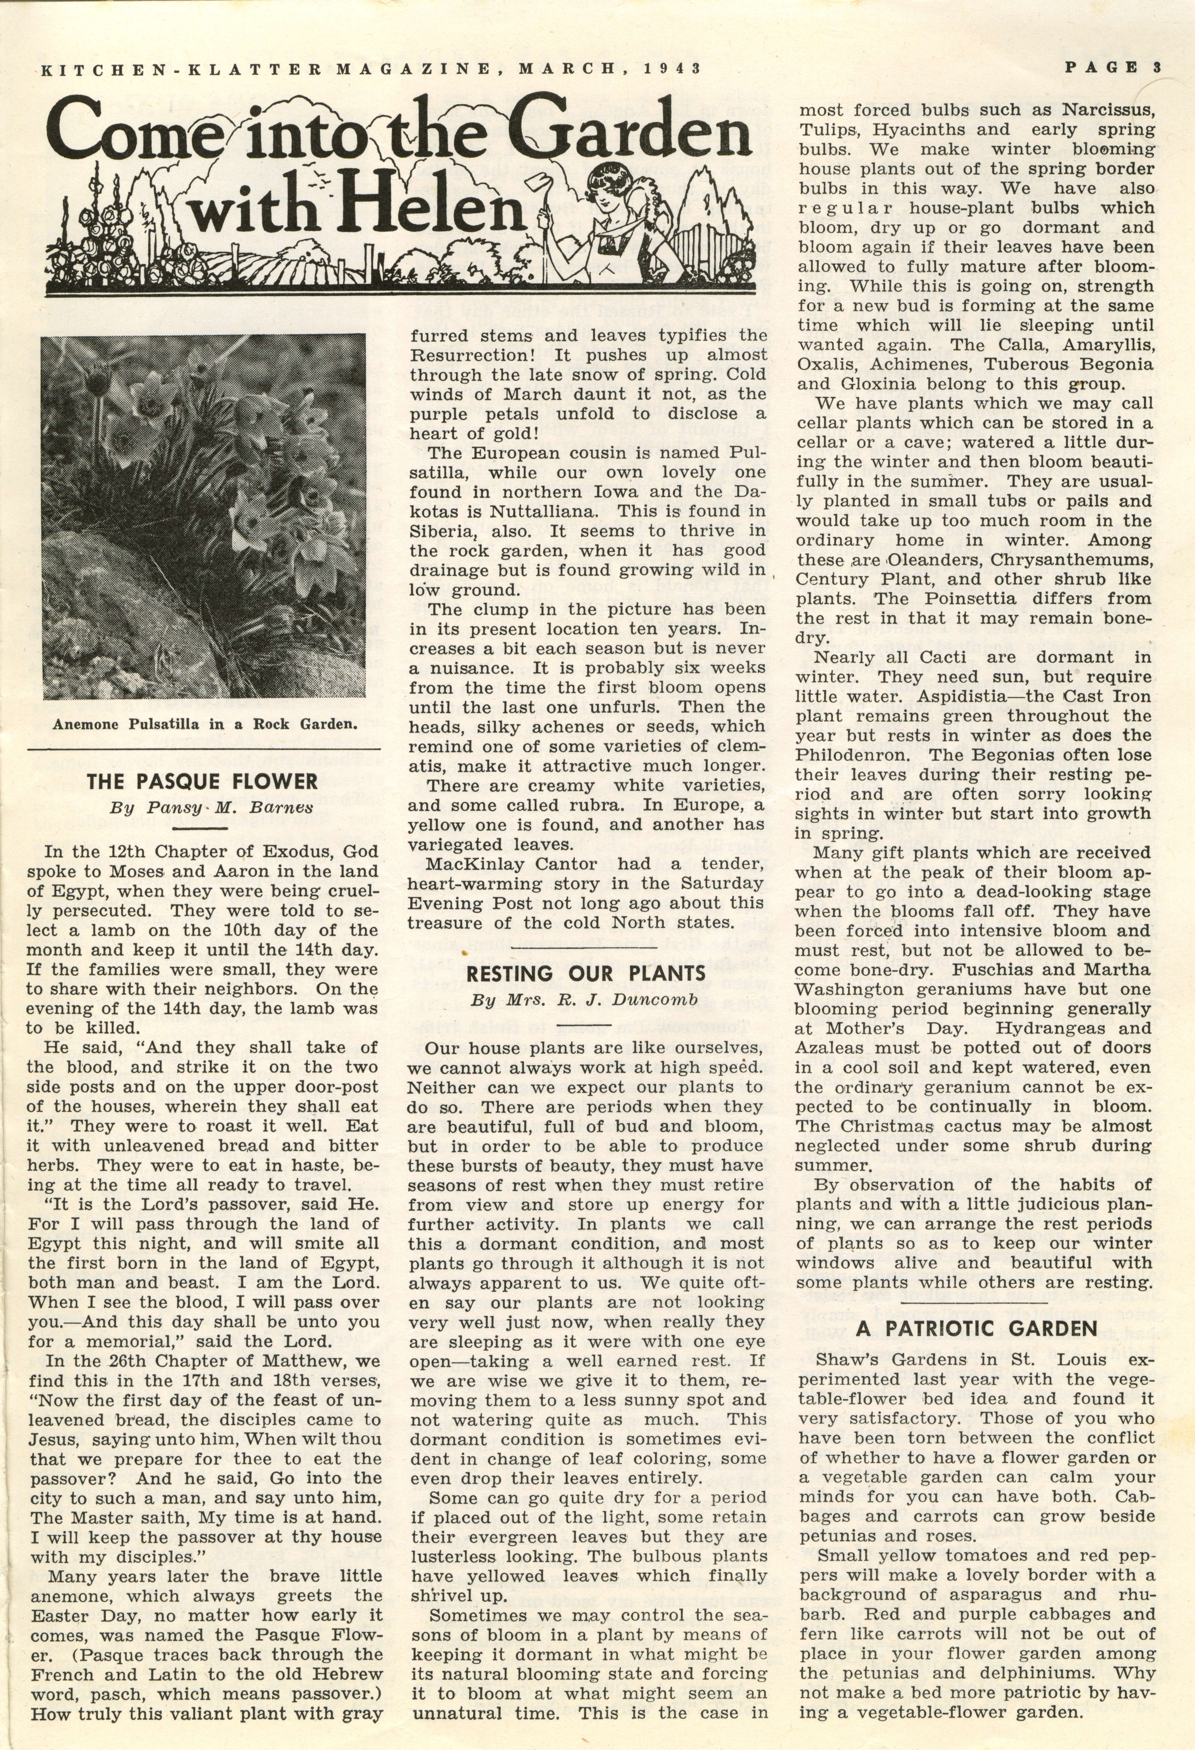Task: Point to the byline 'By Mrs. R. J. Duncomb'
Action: (x=584, y=1000)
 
